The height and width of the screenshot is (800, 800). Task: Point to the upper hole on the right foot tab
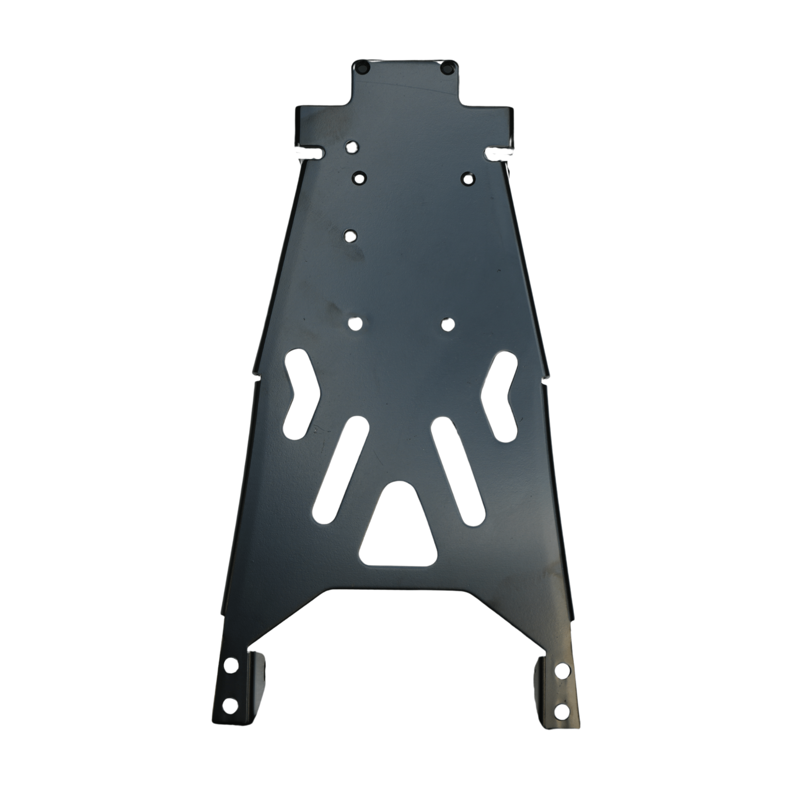pos(561,670)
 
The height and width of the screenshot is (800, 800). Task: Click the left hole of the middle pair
pos(354,324)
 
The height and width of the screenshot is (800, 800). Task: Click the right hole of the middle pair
pos(447,324)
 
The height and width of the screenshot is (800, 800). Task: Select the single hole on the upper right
pos(468,179)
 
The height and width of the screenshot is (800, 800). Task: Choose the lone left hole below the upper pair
pos(352,236)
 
